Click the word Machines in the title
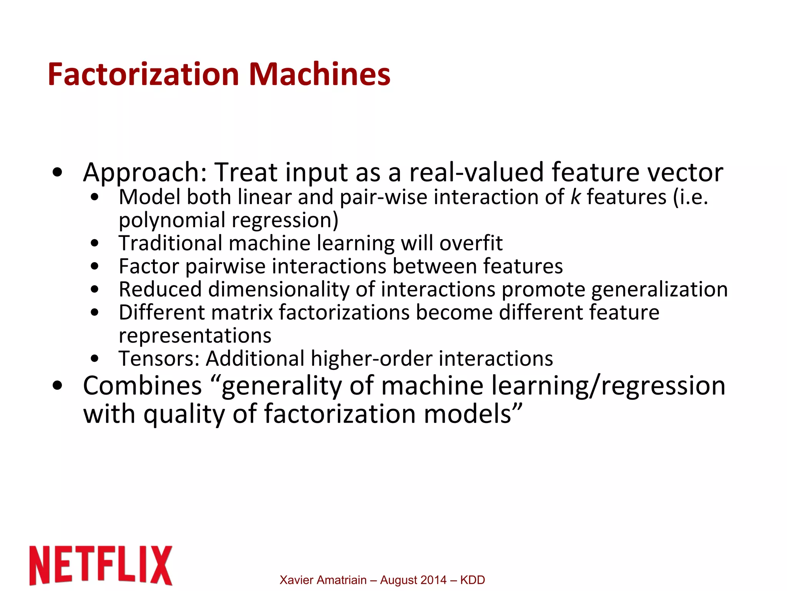coord(319,74)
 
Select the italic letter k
coord(575,197)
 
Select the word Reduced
coord(160,290)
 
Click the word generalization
coord(659,290)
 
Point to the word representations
coord(195,336)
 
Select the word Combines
coord(142,386)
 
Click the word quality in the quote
coord(184,415)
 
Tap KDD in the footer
coord(472,580)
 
